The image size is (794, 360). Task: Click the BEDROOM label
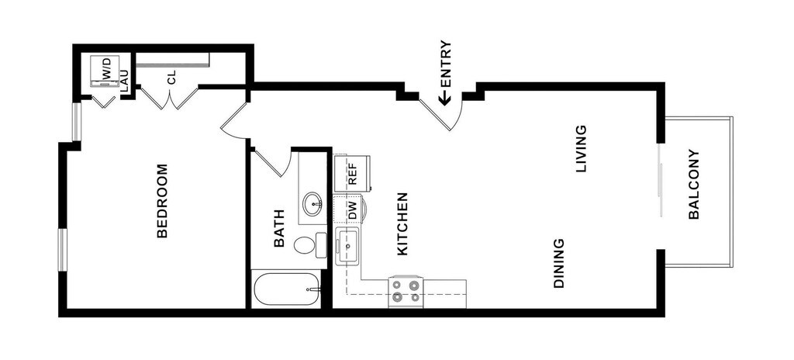click(162, 200)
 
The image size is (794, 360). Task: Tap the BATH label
click(279, 229)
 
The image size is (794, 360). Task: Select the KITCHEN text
click(402, 224)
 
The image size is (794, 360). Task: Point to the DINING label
click(558, 263)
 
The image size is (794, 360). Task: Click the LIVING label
click(581, 148)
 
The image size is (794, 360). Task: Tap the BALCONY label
click(694, 185)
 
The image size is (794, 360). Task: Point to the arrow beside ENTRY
click(445, 98)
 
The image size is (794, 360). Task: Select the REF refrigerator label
click(353, 173)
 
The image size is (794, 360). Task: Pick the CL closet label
click(171, 77)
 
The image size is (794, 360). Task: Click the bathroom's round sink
click(314, 204)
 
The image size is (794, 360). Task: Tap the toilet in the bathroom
click(308, 245)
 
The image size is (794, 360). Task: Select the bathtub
click(286, 289)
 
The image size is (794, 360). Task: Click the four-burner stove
click(406, 291)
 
